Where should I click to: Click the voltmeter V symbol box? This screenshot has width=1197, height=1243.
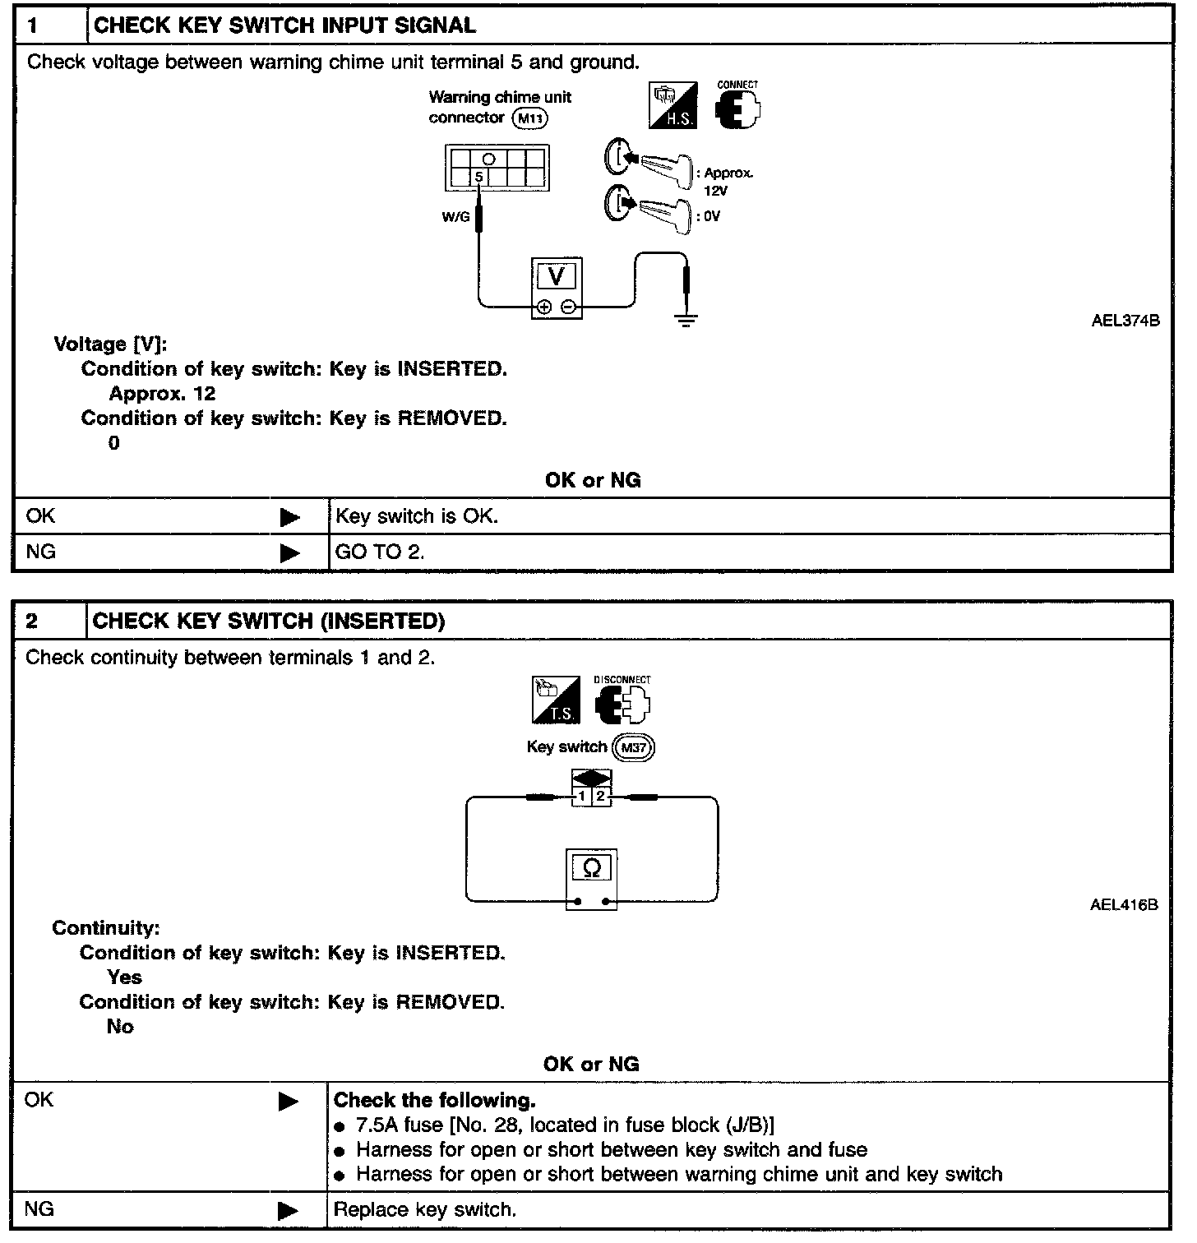[x=557, y=276]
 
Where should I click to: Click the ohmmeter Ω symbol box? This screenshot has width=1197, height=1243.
[x=591, y=867]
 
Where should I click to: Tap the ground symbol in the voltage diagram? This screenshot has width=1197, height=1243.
[x=686, y=318]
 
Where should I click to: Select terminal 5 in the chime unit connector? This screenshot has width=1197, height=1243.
[x=479, y=177]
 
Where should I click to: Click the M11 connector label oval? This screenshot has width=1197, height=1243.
[x=530, y=118]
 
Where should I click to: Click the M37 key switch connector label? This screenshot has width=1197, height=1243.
[x=635, y=747]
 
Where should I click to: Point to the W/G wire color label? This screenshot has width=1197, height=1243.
[x=455, y=217]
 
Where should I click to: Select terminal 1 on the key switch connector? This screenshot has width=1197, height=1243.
[x=582, y=797]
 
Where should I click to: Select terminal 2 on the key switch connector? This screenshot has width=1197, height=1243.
[x=601, y=797]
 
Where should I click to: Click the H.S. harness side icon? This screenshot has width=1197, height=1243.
[x=673, y=104]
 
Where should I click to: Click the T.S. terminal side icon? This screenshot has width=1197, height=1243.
[x=556, y=700]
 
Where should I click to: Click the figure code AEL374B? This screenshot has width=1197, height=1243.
[x=1125, y=321]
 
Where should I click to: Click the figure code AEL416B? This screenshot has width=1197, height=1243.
[x=1124, y=905]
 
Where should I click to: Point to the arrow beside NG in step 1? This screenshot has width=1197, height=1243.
[x=289, y=553]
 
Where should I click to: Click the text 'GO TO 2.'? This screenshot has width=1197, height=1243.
[x=380, y=552]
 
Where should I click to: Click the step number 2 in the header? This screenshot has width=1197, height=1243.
[x=32, y=621]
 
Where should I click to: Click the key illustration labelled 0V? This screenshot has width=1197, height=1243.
[x=648, y=209]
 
